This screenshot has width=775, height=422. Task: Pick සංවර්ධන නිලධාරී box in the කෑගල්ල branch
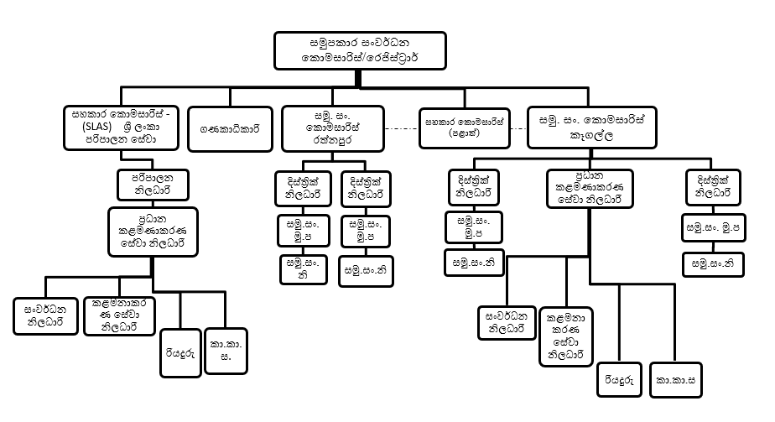point(507,323)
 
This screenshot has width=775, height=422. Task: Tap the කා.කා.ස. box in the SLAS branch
point(225,350)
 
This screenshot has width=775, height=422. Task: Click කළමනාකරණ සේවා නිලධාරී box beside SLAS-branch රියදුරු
point(116,313)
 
